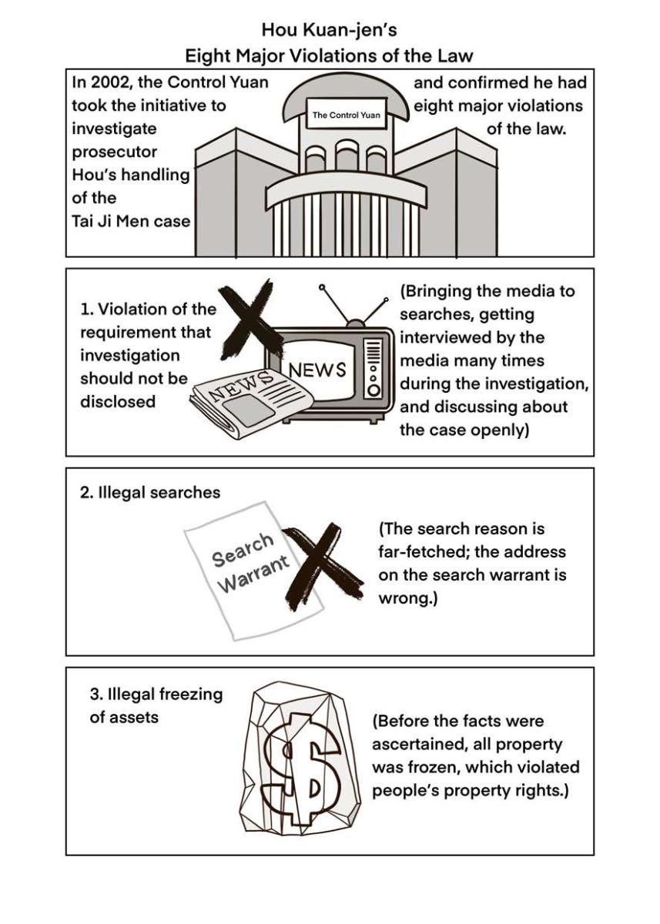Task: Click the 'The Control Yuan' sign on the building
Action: click(x=346, y=115)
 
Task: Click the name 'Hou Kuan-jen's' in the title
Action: click(x=330, y=30)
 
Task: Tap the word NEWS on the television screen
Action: click(x=317, y=370)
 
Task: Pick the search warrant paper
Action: click(x=253, y=571)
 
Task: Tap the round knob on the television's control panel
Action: click(x=374, y=390)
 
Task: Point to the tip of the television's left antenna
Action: click(x=322, y=286)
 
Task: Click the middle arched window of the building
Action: click(x=346, y=155)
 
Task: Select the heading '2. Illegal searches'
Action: click(x=150, y=493)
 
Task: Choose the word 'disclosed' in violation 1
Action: click(x=118, y=401)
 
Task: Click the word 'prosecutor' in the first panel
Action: click(x=114, y=152)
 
